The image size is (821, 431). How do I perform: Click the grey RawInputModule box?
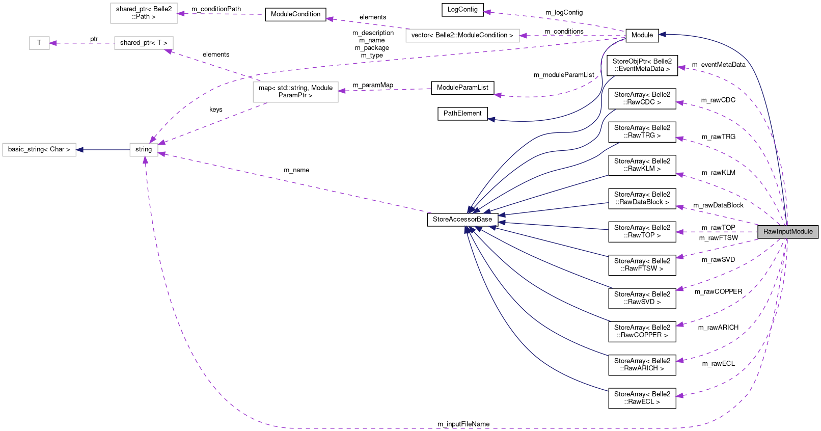click(788, 232)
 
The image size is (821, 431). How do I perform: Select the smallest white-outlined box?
click(39, 43)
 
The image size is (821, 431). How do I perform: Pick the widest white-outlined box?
click(462, 36)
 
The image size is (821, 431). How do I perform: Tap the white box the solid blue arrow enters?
click(39, 150)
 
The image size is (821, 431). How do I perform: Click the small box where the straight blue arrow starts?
click(144, 150)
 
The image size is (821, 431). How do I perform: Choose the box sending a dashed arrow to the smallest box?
click(144, 43)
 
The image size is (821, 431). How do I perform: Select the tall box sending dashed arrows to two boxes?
click(295, 92)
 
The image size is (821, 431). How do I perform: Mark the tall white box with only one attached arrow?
click(144, 13)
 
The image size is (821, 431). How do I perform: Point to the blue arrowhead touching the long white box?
click(80, 150)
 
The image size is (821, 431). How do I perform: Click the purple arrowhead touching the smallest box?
click(53, 43)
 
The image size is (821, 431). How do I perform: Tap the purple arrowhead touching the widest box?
click(523, 36)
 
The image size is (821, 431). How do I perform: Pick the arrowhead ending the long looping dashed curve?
click(146, 160)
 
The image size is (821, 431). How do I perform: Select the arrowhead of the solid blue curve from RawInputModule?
click(662, 34)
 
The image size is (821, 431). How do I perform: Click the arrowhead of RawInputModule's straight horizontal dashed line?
click(679, 232)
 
